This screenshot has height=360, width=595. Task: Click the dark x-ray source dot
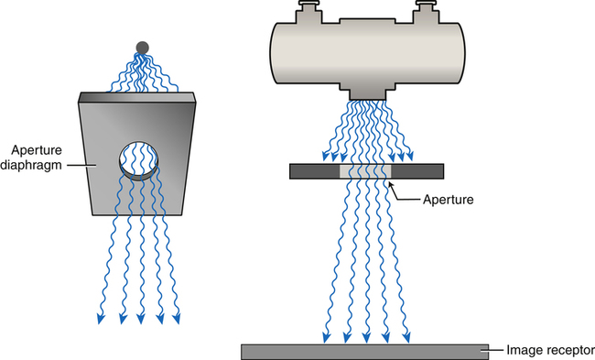[x=142, y=48]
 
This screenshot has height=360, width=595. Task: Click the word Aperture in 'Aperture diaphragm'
[x=37, y=150]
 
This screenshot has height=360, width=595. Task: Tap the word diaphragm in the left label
[x=31, y=165]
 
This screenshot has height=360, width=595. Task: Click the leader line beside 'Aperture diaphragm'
[x=81, y=165]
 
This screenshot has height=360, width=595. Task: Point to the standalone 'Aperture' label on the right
[x=449, y=200]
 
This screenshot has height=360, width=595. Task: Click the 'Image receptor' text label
[x=550, y=350]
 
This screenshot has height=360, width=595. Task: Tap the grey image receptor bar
[x=364, y=352]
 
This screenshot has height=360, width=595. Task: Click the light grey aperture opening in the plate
[x=365, y=171]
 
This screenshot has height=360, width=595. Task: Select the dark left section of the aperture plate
[x=315, y=171]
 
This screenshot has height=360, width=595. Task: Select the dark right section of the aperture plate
[x=417, y=171]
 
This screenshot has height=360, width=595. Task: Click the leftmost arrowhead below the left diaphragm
[x=101, y=319]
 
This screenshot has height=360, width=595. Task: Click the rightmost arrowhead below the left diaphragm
[x=177, y=319]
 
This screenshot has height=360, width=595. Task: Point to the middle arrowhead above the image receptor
[x=366, y=337]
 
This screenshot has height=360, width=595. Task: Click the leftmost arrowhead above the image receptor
[x=326, y=337]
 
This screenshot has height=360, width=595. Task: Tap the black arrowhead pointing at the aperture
[x=389, y=184]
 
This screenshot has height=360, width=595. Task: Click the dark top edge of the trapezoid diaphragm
[x=137, y=98]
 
